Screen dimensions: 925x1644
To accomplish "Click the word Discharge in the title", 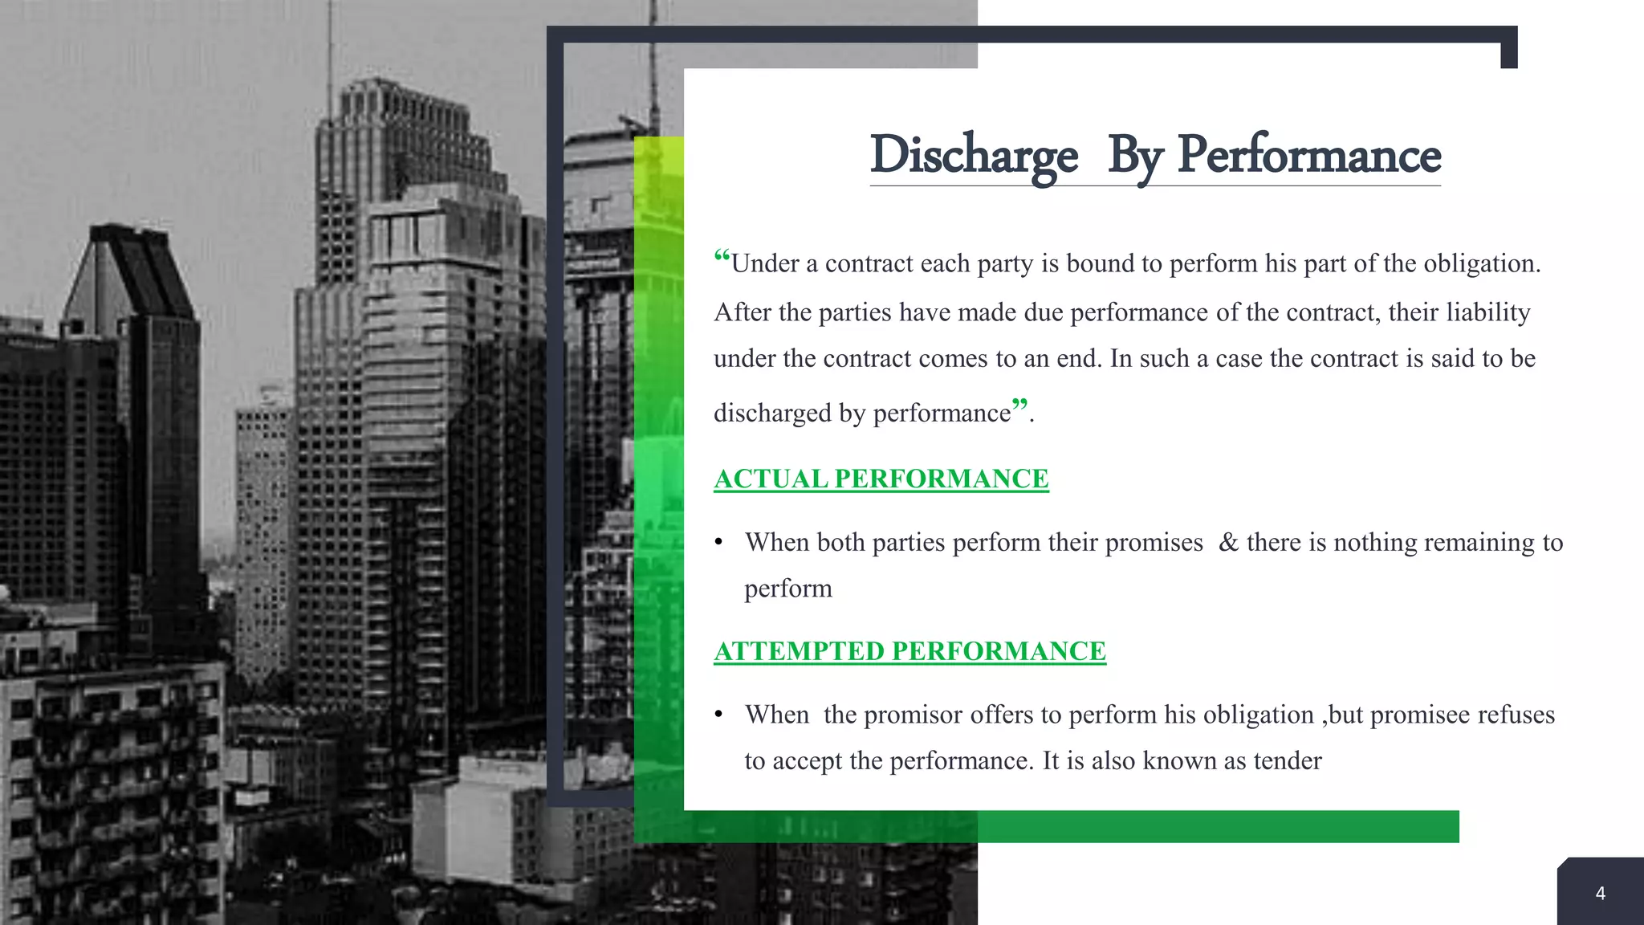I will click(973, 155).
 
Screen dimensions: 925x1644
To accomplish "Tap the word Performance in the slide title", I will click(1308, 155).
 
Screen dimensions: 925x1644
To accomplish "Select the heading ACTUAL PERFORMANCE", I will click(881, 479).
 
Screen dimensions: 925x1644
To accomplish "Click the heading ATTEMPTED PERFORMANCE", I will click(909, 651).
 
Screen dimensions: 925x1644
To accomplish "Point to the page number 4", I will click(1600, 894).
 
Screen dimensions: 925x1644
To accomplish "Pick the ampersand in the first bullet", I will click(1228, 543).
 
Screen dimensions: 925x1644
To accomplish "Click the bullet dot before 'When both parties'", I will click(719, 543).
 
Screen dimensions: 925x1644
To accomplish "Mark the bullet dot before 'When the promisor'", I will click(719, 715).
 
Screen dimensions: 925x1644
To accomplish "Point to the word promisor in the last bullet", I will click(913, 715).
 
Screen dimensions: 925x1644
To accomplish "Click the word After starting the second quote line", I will click(743, 312).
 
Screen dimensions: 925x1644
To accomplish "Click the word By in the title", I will click(1134, 155).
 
